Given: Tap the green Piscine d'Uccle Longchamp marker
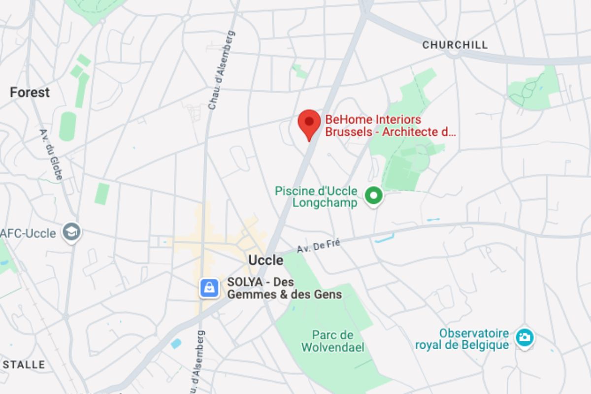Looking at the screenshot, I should (374, 196).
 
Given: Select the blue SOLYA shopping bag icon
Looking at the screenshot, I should (209, 288).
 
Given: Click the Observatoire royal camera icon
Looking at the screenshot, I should (525, 337).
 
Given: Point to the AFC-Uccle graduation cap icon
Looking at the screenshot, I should (72, 231).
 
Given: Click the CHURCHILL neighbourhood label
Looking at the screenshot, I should (455, 45).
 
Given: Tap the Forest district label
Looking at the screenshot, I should (30, 92).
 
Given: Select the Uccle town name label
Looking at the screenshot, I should (266, 260).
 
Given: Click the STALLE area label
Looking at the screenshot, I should (24, 365).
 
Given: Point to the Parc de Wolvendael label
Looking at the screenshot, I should (333, 341).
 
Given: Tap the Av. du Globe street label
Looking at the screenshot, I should (51, 154).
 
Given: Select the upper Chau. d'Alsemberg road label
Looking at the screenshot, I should (221, 70).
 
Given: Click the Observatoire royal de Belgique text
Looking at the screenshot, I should (461, 339).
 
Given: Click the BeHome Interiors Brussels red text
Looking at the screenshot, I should (390, 126).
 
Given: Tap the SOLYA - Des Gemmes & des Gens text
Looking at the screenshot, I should (284, 289).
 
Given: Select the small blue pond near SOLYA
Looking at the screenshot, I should (176, 343).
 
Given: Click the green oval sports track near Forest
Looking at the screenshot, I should (67, 127).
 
